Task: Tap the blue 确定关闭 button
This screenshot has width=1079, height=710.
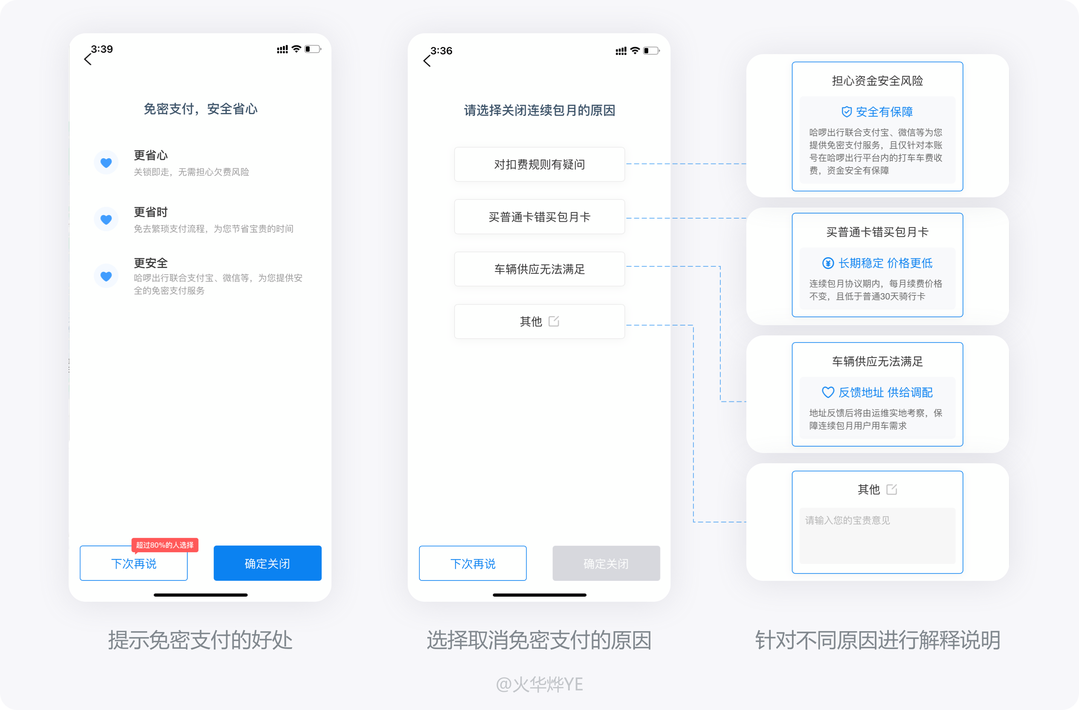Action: click(267, 563)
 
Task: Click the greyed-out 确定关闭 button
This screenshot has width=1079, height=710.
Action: click(606, 563)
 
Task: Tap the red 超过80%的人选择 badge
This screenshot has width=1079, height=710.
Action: click(165, 545)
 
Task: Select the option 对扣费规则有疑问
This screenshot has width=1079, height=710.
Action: click(539, 165)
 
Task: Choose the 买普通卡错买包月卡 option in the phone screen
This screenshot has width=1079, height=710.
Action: click(539, 217)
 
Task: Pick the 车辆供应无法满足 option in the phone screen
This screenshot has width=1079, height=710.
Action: click(539, 269)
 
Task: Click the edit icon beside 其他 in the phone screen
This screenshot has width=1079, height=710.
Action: click(554, 321)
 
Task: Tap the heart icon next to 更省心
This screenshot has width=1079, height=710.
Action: click(106, 163)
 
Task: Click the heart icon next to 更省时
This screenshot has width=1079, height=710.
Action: click(106, 219)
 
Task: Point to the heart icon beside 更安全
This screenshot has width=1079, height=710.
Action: click(106, 276)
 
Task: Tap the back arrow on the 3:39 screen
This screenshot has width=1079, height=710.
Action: click(88, 59)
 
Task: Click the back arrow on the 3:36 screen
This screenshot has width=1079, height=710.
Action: click(426, 61)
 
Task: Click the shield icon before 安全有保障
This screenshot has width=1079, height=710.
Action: click(846, 112)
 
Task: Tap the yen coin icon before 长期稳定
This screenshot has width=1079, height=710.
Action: click(828, 263)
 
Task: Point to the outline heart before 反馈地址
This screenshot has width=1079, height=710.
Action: click(828, 393)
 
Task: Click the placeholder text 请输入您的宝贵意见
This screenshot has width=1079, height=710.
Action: click(847, 520)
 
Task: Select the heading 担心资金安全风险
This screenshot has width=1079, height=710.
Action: click(877, 81)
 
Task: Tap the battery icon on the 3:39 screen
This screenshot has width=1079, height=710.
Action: click(312, 49)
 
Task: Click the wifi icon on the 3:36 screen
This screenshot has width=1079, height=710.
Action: click(635, 50)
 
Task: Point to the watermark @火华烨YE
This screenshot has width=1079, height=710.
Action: click(539, 684)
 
